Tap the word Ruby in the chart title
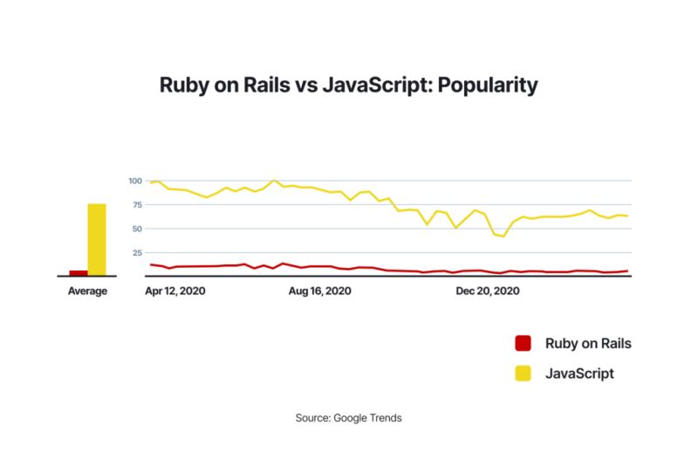coord(183,86)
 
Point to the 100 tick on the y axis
coord(134,182)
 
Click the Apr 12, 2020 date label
coord(175,291)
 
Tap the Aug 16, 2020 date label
coord(319,291)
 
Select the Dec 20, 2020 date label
coord(489,291)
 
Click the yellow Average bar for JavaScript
coord(96,239)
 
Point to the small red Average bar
coord(79,272)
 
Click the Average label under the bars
coord(87,291)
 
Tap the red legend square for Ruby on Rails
coord(523,343)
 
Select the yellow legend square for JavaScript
coord(523,374)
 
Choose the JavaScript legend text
coord(579,374)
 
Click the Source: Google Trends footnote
coord(349,418)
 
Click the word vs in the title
coord(305,86)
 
